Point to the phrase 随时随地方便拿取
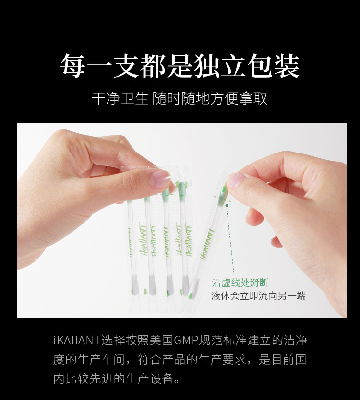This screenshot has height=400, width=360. [x=210, y=99]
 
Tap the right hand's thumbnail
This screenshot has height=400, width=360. [x=236, y=180]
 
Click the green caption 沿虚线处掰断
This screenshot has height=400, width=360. [x=240, y=282]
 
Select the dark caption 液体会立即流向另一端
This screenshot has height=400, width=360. [x=258, y=295]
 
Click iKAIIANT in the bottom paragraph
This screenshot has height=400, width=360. [x=76, y=341]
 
